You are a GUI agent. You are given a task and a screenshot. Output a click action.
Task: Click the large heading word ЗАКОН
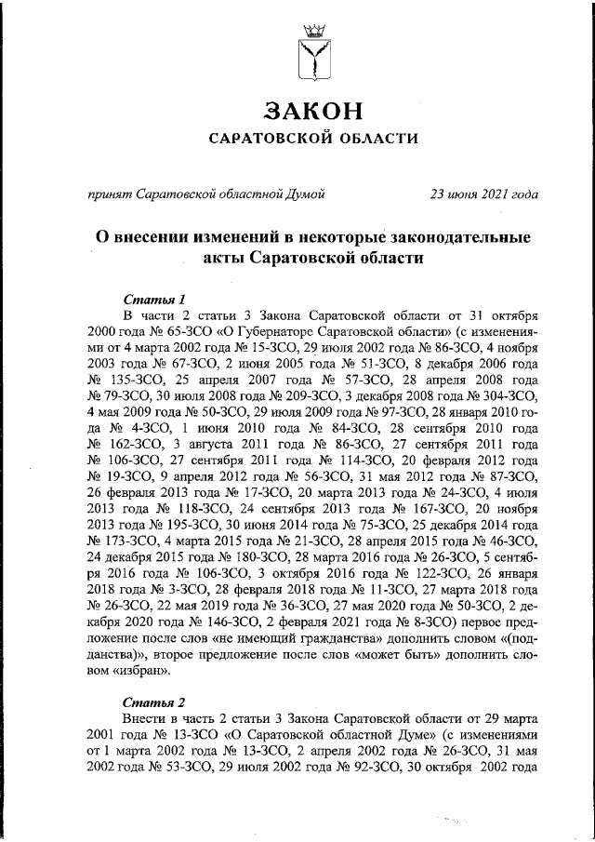(x=311, y=111)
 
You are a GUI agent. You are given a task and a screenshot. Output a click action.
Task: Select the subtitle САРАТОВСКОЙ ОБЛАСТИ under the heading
(x=311, y=140)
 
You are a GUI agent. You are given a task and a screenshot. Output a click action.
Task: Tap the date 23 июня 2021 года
(x=483, y=194)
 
